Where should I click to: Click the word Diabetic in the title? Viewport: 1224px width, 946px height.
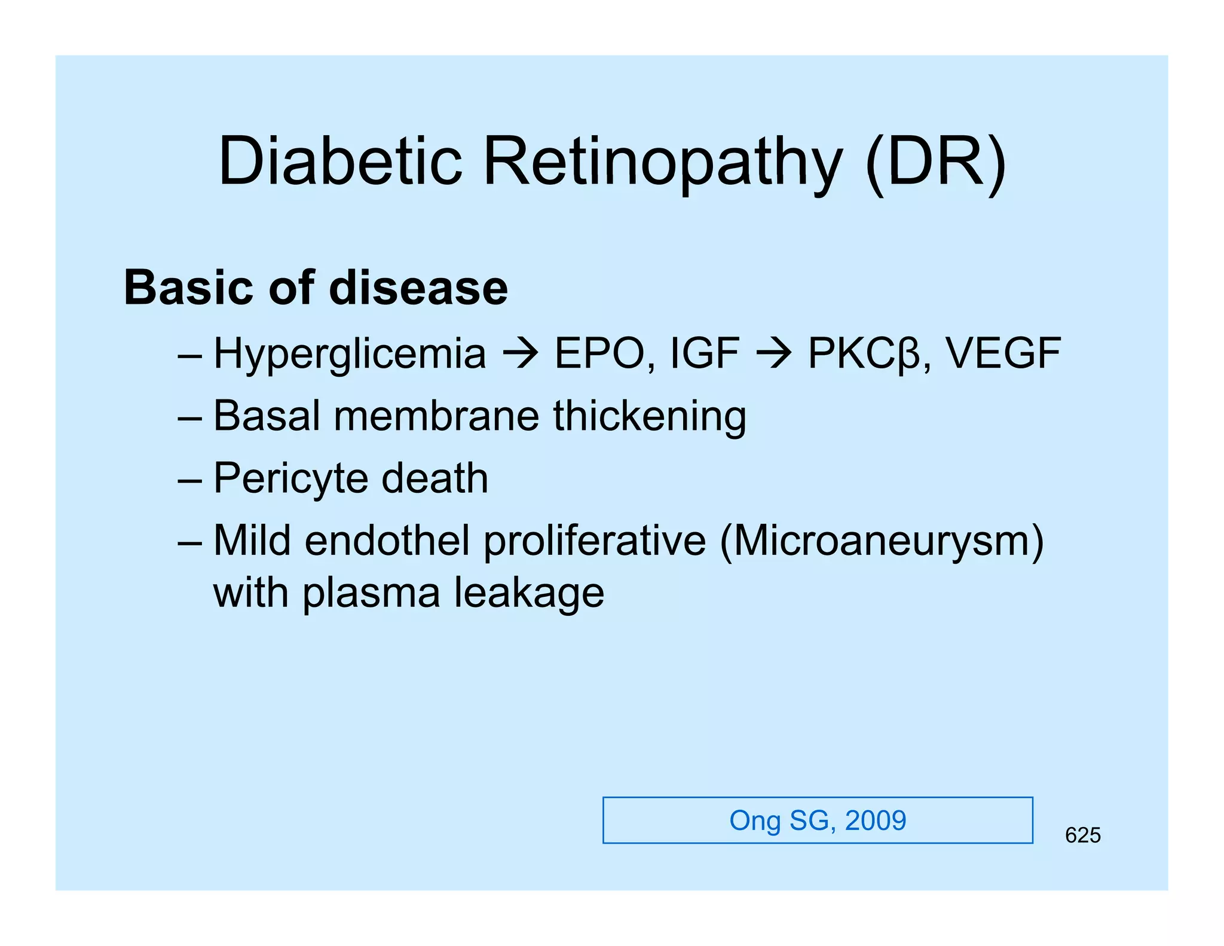(341, 161)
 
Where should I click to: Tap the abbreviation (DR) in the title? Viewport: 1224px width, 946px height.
(935, 162)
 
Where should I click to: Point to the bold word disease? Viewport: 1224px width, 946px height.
(418, 288)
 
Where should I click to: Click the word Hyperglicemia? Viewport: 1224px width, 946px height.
(350, 353)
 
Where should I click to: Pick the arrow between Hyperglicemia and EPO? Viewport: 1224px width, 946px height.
(521, 353)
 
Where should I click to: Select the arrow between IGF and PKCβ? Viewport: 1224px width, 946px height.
(774, 353)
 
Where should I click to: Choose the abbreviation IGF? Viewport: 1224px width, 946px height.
(705, 353)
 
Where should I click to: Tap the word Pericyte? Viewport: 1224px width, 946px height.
(290, 479)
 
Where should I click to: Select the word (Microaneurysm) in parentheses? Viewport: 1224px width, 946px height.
(882, 542)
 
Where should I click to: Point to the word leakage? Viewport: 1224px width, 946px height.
(529, 593)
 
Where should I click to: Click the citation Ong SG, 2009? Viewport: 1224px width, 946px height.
(818, 820)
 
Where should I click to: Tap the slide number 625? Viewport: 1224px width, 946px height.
(1082, 835)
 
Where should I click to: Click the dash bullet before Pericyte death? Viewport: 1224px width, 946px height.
(189, 480)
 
